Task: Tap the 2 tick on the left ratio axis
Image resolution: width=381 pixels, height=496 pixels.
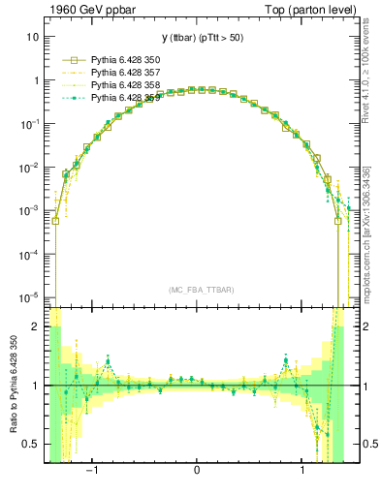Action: pyautogui.click(x=36, y=327)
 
